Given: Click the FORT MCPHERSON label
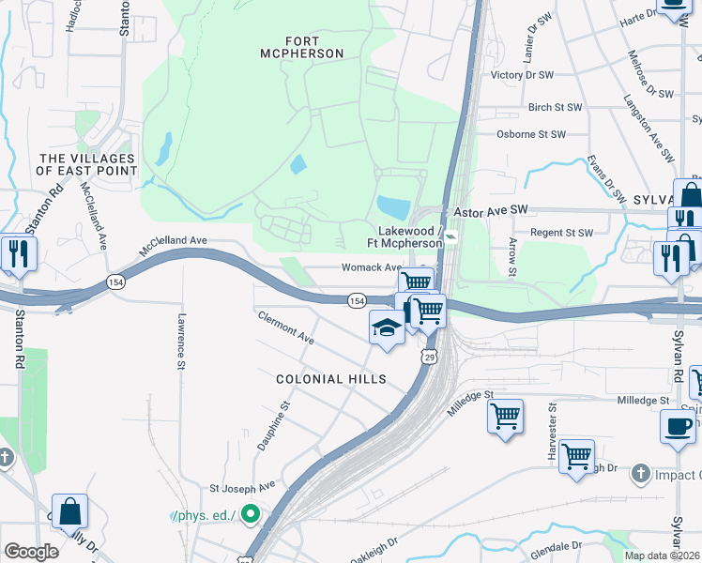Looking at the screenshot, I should (290, 47).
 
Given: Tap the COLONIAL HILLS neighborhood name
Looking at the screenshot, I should (330, 379).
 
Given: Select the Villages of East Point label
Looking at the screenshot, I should (86, 165).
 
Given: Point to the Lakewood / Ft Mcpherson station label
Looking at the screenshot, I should (409, 236).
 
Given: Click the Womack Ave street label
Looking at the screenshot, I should (371, 267).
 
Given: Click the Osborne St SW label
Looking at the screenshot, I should (530, 135).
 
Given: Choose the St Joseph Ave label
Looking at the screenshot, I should (242, 487).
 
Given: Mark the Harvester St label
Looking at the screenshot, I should (553, 433).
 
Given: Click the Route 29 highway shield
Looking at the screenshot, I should (429, 357).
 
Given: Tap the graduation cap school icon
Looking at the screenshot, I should (386, 328).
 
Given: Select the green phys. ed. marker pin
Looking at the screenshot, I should (250, 513).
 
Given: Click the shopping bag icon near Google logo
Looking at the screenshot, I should (69, 512).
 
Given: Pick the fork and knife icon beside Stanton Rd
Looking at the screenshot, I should (18, 252).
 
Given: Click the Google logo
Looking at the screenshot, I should (31, 551).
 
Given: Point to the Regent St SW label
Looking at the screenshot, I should (562, 233).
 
